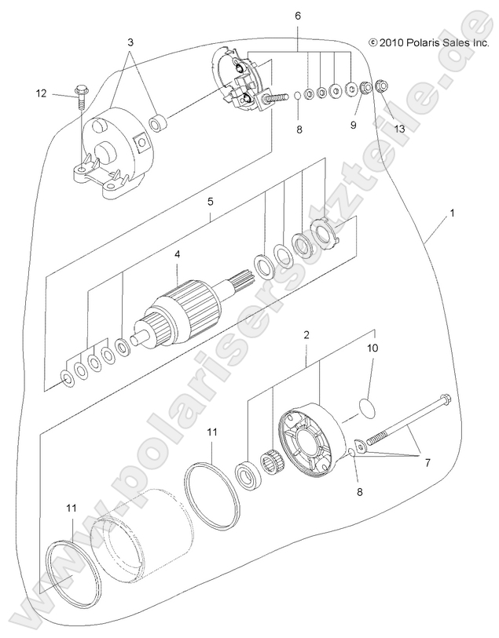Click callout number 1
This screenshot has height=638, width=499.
coord(452,213)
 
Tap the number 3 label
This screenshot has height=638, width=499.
coord(130,40)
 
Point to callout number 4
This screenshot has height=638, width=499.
coord(178,255)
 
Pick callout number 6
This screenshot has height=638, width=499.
coord(297,16)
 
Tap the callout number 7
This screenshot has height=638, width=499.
coord(427,463)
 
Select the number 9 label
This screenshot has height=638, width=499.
coord(354,125)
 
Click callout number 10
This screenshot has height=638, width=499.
coord(372,346)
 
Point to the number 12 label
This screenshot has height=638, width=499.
coord(41,94)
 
